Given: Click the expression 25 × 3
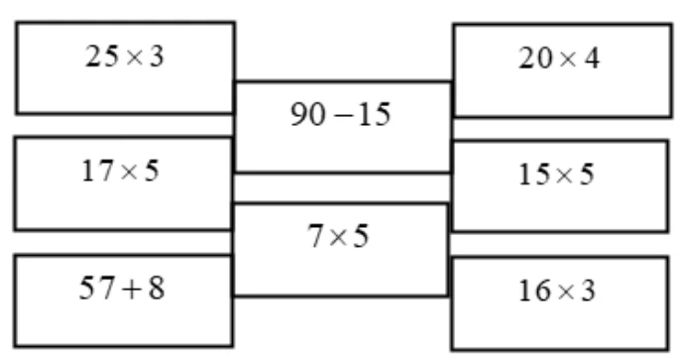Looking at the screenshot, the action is (x=125, y=57).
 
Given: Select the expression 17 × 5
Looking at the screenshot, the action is (x=120, y=171).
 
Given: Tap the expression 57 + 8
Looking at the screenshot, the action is (x=122, y=288).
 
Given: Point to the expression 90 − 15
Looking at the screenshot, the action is (x=341, y=114).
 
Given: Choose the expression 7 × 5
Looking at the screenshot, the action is (x=338, y=236).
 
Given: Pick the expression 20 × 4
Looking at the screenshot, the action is (x=559, y=59).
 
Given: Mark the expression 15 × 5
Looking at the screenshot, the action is (x=556, y=175).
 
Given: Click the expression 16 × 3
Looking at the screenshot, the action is (x=557, y=291).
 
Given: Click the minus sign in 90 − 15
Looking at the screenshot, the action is (x=342, y=116).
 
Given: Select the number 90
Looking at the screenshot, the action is (x=308, y=114).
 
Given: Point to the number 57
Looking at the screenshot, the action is (x=97, y=288).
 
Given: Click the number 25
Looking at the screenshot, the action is (x=102, y=57).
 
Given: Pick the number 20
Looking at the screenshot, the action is (x=535, y=59).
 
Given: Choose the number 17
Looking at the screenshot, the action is (x=98, y=171).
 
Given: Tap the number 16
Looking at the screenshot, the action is (x=535, y=291).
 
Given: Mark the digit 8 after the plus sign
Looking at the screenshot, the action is (x=157, y=288).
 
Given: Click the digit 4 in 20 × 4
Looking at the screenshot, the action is (x=592, y=59).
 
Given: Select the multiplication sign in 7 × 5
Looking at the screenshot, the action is (x=338, y=238).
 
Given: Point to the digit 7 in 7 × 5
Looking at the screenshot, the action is (x=316, y=236).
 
